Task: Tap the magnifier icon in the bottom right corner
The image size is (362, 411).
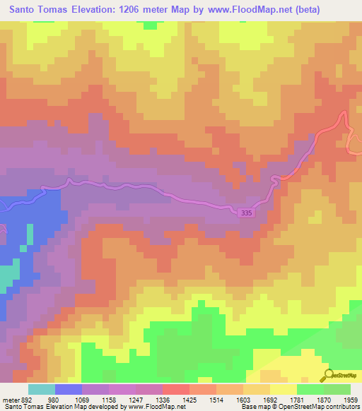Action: [x=327, y=375]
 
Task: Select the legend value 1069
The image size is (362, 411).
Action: [x=109, y=399]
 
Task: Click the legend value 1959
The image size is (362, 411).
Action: [x=351, y=399]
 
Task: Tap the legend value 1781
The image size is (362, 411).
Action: [x=298, y=399]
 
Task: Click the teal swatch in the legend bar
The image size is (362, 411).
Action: [x=42, y=389]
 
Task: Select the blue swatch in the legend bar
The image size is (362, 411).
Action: [x=69, y=389]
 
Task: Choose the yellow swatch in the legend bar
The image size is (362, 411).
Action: [x=283, y=389]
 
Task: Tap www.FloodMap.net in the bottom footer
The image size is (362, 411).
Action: [x=153, y=407]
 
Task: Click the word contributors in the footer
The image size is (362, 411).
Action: [x=343, y=407]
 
